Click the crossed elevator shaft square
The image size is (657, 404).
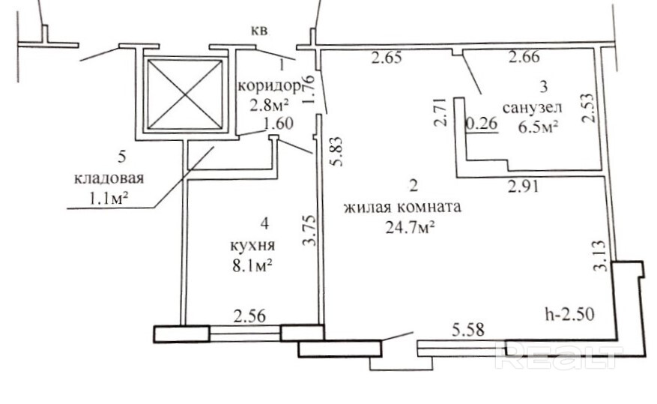[184, 93]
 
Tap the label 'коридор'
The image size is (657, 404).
[264, 85]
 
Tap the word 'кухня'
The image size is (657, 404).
[252, 245]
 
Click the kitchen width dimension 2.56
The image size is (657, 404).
[250, 316]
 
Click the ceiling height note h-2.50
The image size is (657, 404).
[569, 314]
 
